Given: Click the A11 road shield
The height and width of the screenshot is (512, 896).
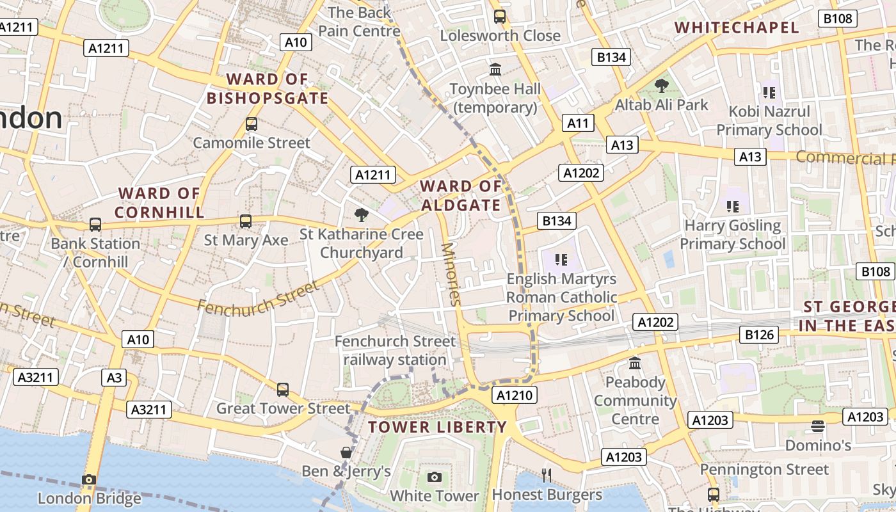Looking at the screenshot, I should click(578, 123).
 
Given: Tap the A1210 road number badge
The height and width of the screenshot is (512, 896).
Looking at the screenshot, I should click(515, 396).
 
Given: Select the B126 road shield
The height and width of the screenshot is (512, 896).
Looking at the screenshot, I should click(760, 334).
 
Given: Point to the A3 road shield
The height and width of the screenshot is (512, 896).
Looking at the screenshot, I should click(114, 378).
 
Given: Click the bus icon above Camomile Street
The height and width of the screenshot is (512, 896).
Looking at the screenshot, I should click(252, 124).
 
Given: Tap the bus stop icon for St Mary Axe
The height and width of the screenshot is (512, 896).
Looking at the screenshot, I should click(246, 221).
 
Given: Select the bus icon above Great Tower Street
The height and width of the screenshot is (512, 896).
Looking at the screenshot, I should click(282, 389).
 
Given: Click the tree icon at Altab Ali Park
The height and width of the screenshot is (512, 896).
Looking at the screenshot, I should click(662, 85).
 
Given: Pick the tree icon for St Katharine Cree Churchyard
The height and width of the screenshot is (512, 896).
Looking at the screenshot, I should click(362, 214).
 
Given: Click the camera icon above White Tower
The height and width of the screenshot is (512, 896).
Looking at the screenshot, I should click(435, 477).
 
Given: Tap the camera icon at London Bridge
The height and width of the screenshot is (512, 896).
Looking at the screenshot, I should click(89, 479).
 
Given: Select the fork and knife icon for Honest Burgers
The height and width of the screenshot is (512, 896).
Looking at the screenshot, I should click(547, 475).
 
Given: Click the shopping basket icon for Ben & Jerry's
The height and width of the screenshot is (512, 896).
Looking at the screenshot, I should click(346, 452).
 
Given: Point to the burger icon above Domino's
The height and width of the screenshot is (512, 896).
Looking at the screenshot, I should click(817, 426).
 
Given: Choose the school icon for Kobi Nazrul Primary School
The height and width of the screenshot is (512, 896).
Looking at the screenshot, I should click(769, 92).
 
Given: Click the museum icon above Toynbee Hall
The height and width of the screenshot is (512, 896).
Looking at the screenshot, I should click(495, 69).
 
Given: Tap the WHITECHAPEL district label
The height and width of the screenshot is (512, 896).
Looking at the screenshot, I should click(737, 28).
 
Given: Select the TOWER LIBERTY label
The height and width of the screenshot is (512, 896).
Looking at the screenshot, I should click(437, 427).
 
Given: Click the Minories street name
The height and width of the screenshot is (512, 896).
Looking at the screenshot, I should click(451, 274).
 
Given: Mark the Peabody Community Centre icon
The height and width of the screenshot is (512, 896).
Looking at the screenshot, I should click(635, 364).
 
